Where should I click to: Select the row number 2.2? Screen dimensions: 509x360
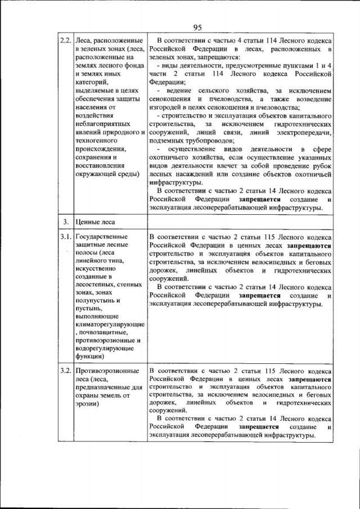coord(66,42)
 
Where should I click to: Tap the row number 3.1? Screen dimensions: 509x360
coord(66,237)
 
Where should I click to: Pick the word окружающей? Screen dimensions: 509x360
coord(97,174)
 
